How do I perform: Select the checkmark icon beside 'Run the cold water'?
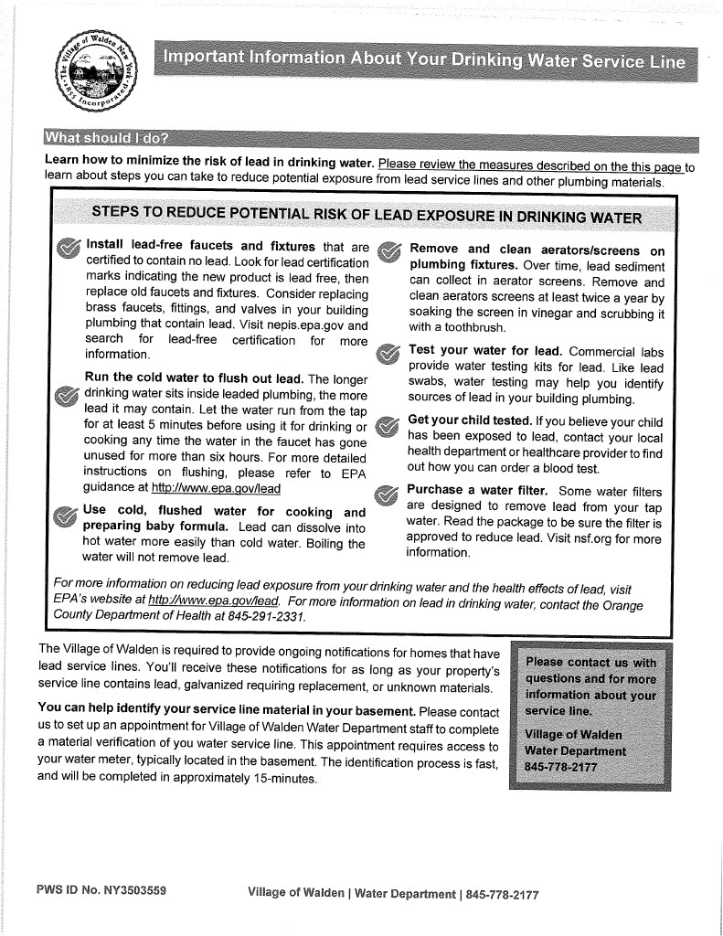click(67, 395)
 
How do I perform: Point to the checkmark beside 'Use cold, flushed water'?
click(65, 517)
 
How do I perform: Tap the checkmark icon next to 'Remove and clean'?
click(389, 250)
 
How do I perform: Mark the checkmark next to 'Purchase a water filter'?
click(388, 495)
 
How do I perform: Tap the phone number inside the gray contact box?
click(560, 766)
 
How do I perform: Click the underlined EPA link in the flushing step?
click(216, 488)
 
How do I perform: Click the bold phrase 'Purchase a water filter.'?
click(477, 491)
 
